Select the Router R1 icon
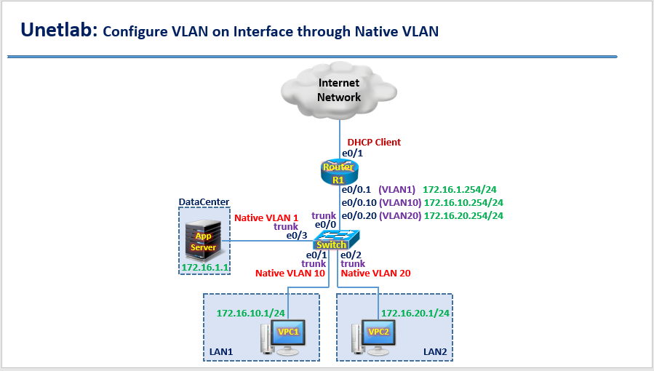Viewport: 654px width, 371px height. click(339, 172)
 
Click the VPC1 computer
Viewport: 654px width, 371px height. click(285, 337)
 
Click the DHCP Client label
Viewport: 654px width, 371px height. click(373, 142)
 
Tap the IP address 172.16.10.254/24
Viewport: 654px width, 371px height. click(463, 202)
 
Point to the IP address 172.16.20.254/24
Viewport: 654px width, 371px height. click(463, 215)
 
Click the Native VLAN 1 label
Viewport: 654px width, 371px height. click(266, 218)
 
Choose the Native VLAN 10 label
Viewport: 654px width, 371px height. click(289, 274)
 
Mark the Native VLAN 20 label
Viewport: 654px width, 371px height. click(375, 274)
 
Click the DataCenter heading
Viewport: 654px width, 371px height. click(204, 202)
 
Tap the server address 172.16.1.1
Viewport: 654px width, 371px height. click(204, 268)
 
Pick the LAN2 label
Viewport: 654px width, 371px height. click(436, 352)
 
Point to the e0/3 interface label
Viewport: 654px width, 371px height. click(296, 236)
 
